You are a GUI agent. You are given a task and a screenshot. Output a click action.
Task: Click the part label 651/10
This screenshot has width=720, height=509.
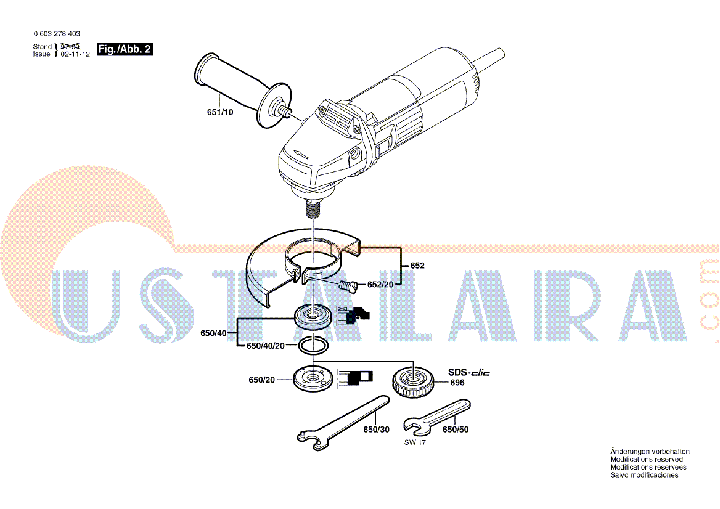(x=220, y=112)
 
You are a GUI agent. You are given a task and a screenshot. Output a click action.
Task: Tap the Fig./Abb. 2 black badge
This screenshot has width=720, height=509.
(x=125, y=49)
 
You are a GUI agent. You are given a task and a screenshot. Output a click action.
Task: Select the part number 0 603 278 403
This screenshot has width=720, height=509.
(x=57, y=33)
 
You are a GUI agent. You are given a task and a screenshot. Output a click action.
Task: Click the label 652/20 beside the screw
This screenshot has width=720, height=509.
(x=380, y=285)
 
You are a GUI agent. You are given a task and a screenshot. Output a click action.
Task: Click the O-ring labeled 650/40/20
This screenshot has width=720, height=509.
(x=313, y=345)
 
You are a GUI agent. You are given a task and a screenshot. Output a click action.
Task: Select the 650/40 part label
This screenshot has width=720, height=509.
(x=213, y=333)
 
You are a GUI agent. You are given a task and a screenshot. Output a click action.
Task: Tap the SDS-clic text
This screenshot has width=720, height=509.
(x=469, y=372)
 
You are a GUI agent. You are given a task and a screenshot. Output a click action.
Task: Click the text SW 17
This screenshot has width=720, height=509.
(x=415, y=442)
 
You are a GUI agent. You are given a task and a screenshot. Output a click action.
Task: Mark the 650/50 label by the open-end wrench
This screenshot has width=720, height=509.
(x=456, y=430)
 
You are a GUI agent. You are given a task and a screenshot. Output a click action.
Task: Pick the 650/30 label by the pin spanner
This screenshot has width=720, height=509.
(x=376, y=430)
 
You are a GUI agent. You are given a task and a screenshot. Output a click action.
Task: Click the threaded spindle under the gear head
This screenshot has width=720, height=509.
(x=313, y=208)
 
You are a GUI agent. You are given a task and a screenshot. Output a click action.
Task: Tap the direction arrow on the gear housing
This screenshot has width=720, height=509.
(x=301, y=155)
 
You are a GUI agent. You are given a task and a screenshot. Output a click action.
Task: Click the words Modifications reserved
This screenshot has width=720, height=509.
(x=646, y=460)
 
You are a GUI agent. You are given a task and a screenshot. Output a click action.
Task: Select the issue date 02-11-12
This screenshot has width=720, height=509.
(x=75, y=54)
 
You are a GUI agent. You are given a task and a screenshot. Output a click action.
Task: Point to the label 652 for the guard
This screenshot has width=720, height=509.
(x=417, y=266)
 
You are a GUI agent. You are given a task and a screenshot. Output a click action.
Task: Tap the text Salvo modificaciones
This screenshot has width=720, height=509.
(x=644, y=475)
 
